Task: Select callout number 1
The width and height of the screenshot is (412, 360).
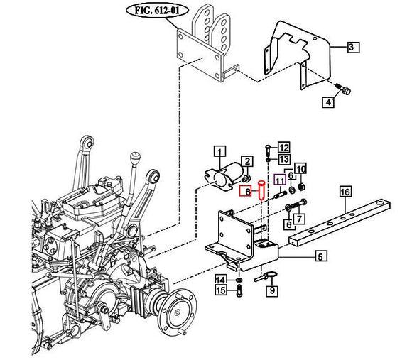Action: (x=219, y=151)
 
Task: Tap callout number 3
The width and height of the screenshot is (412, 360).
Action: (x=353, y=48)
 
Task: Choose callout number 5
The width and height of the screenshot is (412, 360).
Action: (x=320, y=257)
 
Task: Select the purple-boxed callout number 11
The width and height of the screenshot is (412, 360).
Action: (x=280, y=181)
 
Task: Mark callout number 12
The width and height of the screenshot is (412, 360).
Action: (x=284, y=148)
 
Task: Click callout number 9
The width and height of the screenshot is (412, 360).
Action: (x=273, y=290)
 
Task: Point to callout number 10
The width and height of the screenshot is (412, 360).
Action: (x=300, y=169)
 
